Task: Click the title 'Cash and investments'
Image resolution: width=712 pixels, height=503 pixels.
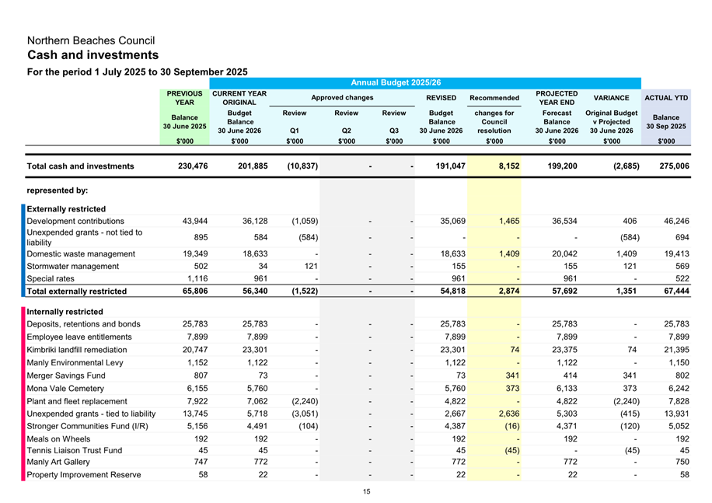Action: click(x=93, y=55)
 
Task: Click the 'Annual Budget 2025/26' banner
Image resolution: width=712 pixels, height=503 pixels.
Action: click(x=396, y=82)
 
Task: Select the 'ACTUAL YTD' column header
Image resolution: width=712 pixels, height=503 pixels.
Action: click(x=666, y=98)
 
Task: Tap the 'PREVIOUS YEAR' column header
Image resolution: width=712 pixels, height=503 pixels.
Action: click(x=184, y=98)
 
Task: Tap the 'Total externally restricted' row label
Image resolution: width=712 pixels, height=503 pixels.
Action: click(x=76, y=292)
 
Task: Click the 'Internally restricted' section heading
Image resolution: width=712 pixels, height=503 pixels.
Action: click(x=65, y=312)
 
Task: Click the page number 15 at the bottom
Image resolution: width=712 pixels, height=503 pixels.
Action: click(x=366, y=491)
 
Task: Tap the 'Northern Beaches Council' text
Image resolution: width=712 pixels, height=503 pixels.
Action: click(x=91, y=40)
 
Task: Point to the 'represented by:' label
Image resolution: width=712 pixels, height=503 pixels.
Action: click(x=57, y=189)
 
